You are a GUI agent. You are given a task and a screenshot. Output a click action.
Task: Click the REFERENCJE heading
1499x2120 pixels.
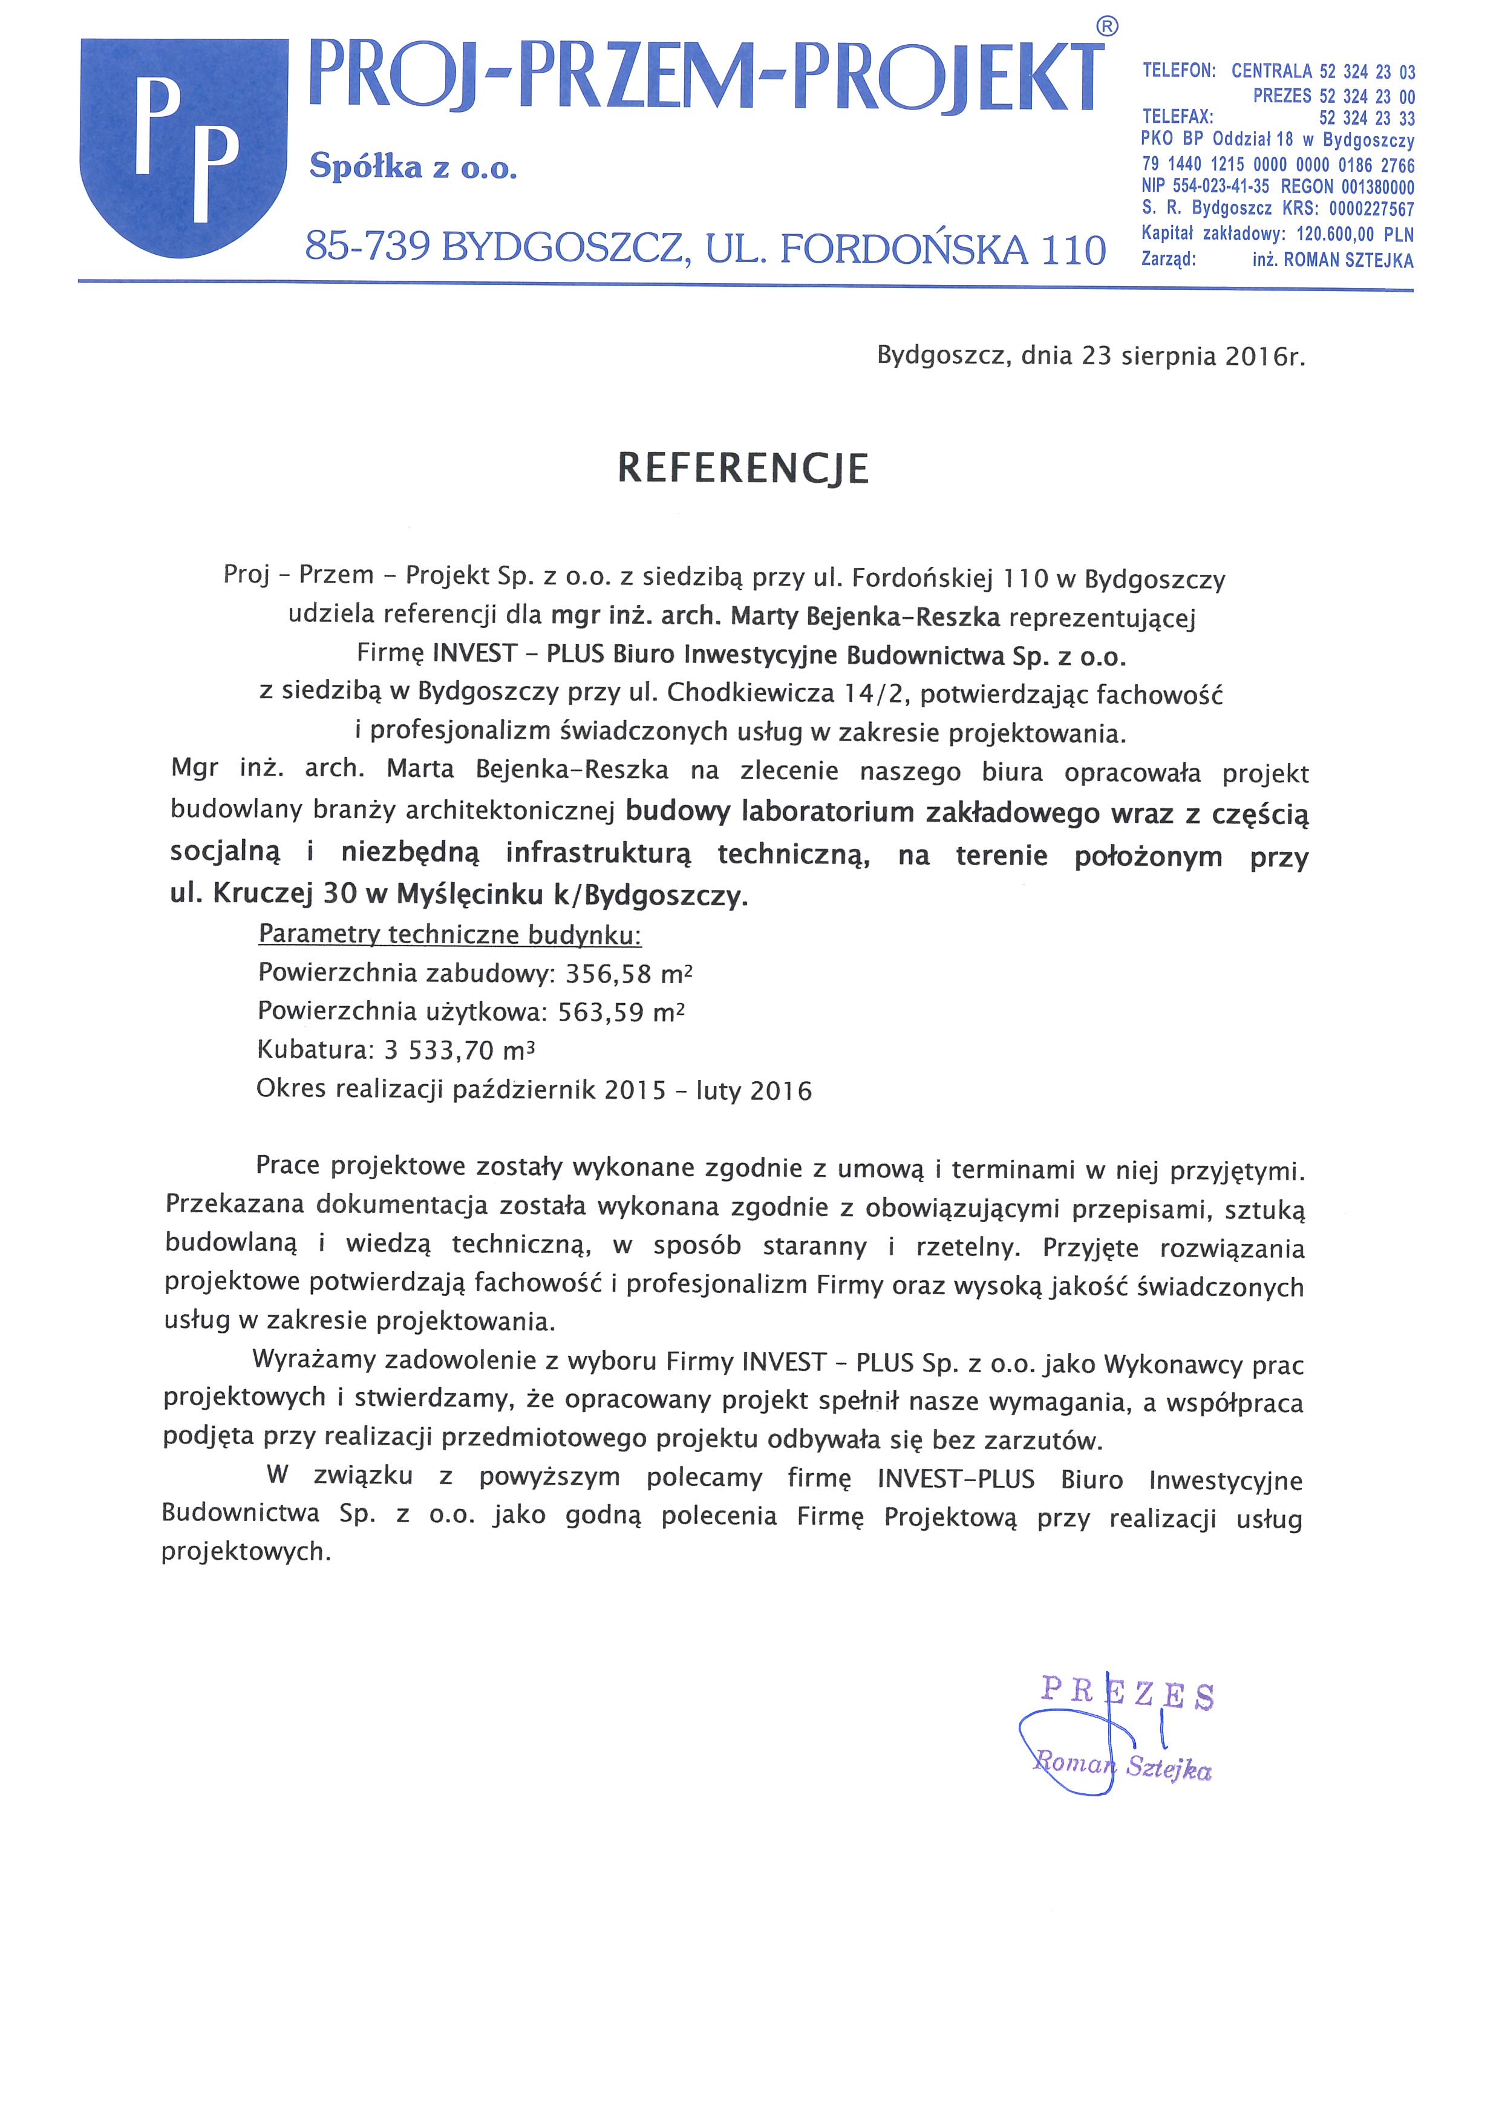click(x=743, y=468)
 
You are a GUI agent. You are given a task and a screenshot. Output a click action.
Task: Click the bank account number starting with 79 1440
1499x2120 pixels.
click(x=1278, y=165)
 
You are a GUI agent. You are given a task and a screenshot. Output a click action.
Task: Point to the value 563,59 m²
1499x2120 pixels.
click(x=621, y=1012)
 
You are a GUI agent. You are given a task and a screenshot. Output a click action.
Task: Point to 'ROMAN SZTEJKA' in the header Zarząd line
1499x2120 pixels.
click(x=1348, y=260)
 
